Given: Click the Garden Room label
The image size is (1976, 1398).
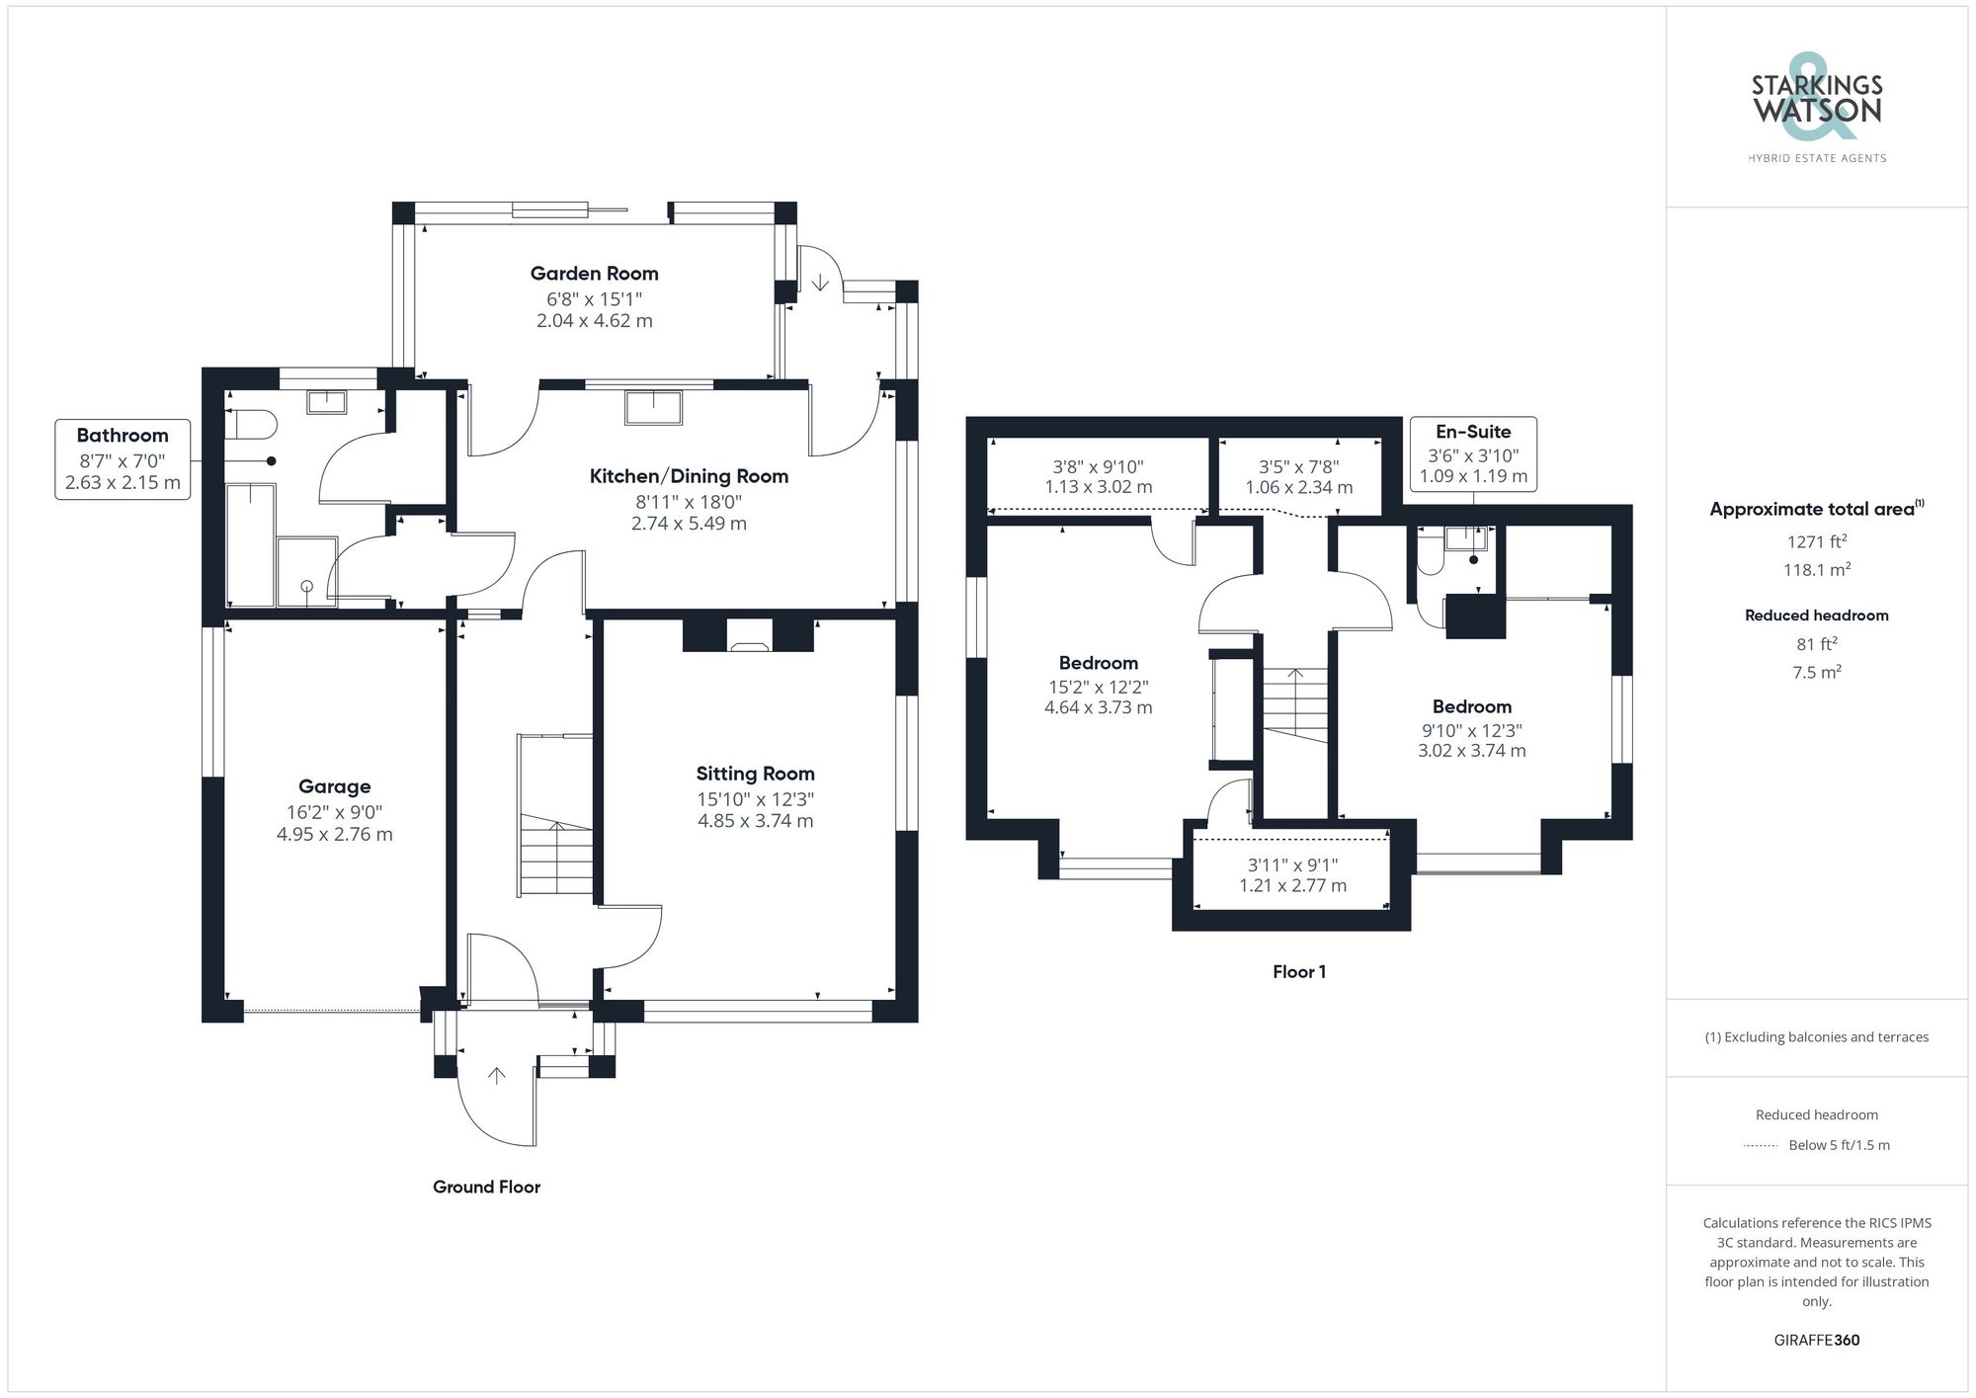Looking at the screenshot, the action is (594, 274).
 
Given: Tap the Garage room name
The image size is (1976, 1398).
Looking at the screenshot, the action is (335, 786).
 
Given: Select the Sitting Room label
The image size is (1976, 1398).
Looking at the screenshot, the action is (755, 774).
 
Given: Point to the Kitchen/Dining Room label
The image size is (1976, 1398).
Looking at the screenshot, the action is (689, 476).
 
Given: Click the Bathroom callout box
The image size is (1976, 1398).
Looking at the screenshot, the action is (123, 459).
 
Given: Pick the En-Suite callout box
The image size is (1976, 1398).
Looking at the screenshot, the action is (1473, 453).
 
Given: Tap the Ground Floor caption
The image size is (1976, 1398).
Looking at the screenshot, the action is (486, 1187).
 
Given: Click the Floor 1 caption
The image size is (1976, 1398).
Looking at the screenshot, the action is (1299, 972).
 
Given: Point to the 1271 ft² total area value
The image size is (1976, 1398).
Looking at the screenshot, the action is (1817, 541).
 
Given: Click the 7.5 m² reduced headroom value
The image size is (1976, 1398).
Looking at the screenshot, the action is (1817, 672).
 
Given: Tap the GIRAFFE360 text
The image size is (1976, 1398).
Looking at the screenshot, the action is (1817, 1341).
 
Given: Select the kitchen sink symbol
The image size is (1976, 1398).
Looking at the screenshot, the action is (653, 407).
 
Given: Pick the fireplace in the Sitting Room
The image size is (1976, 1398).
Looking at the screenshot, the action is (748, 634).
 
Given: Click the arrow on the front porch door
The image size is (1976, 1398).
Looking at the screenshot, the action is (496, 1076).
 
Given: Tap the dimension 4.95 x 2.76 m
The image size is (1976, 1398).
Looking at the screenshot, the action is (335, 834).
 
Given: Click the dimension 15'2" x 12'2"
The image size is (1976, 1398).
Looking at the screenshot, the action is (1099, 687).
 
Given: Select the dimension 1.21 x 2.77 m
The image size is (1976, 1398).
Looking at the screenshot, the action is (1292, 885).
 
